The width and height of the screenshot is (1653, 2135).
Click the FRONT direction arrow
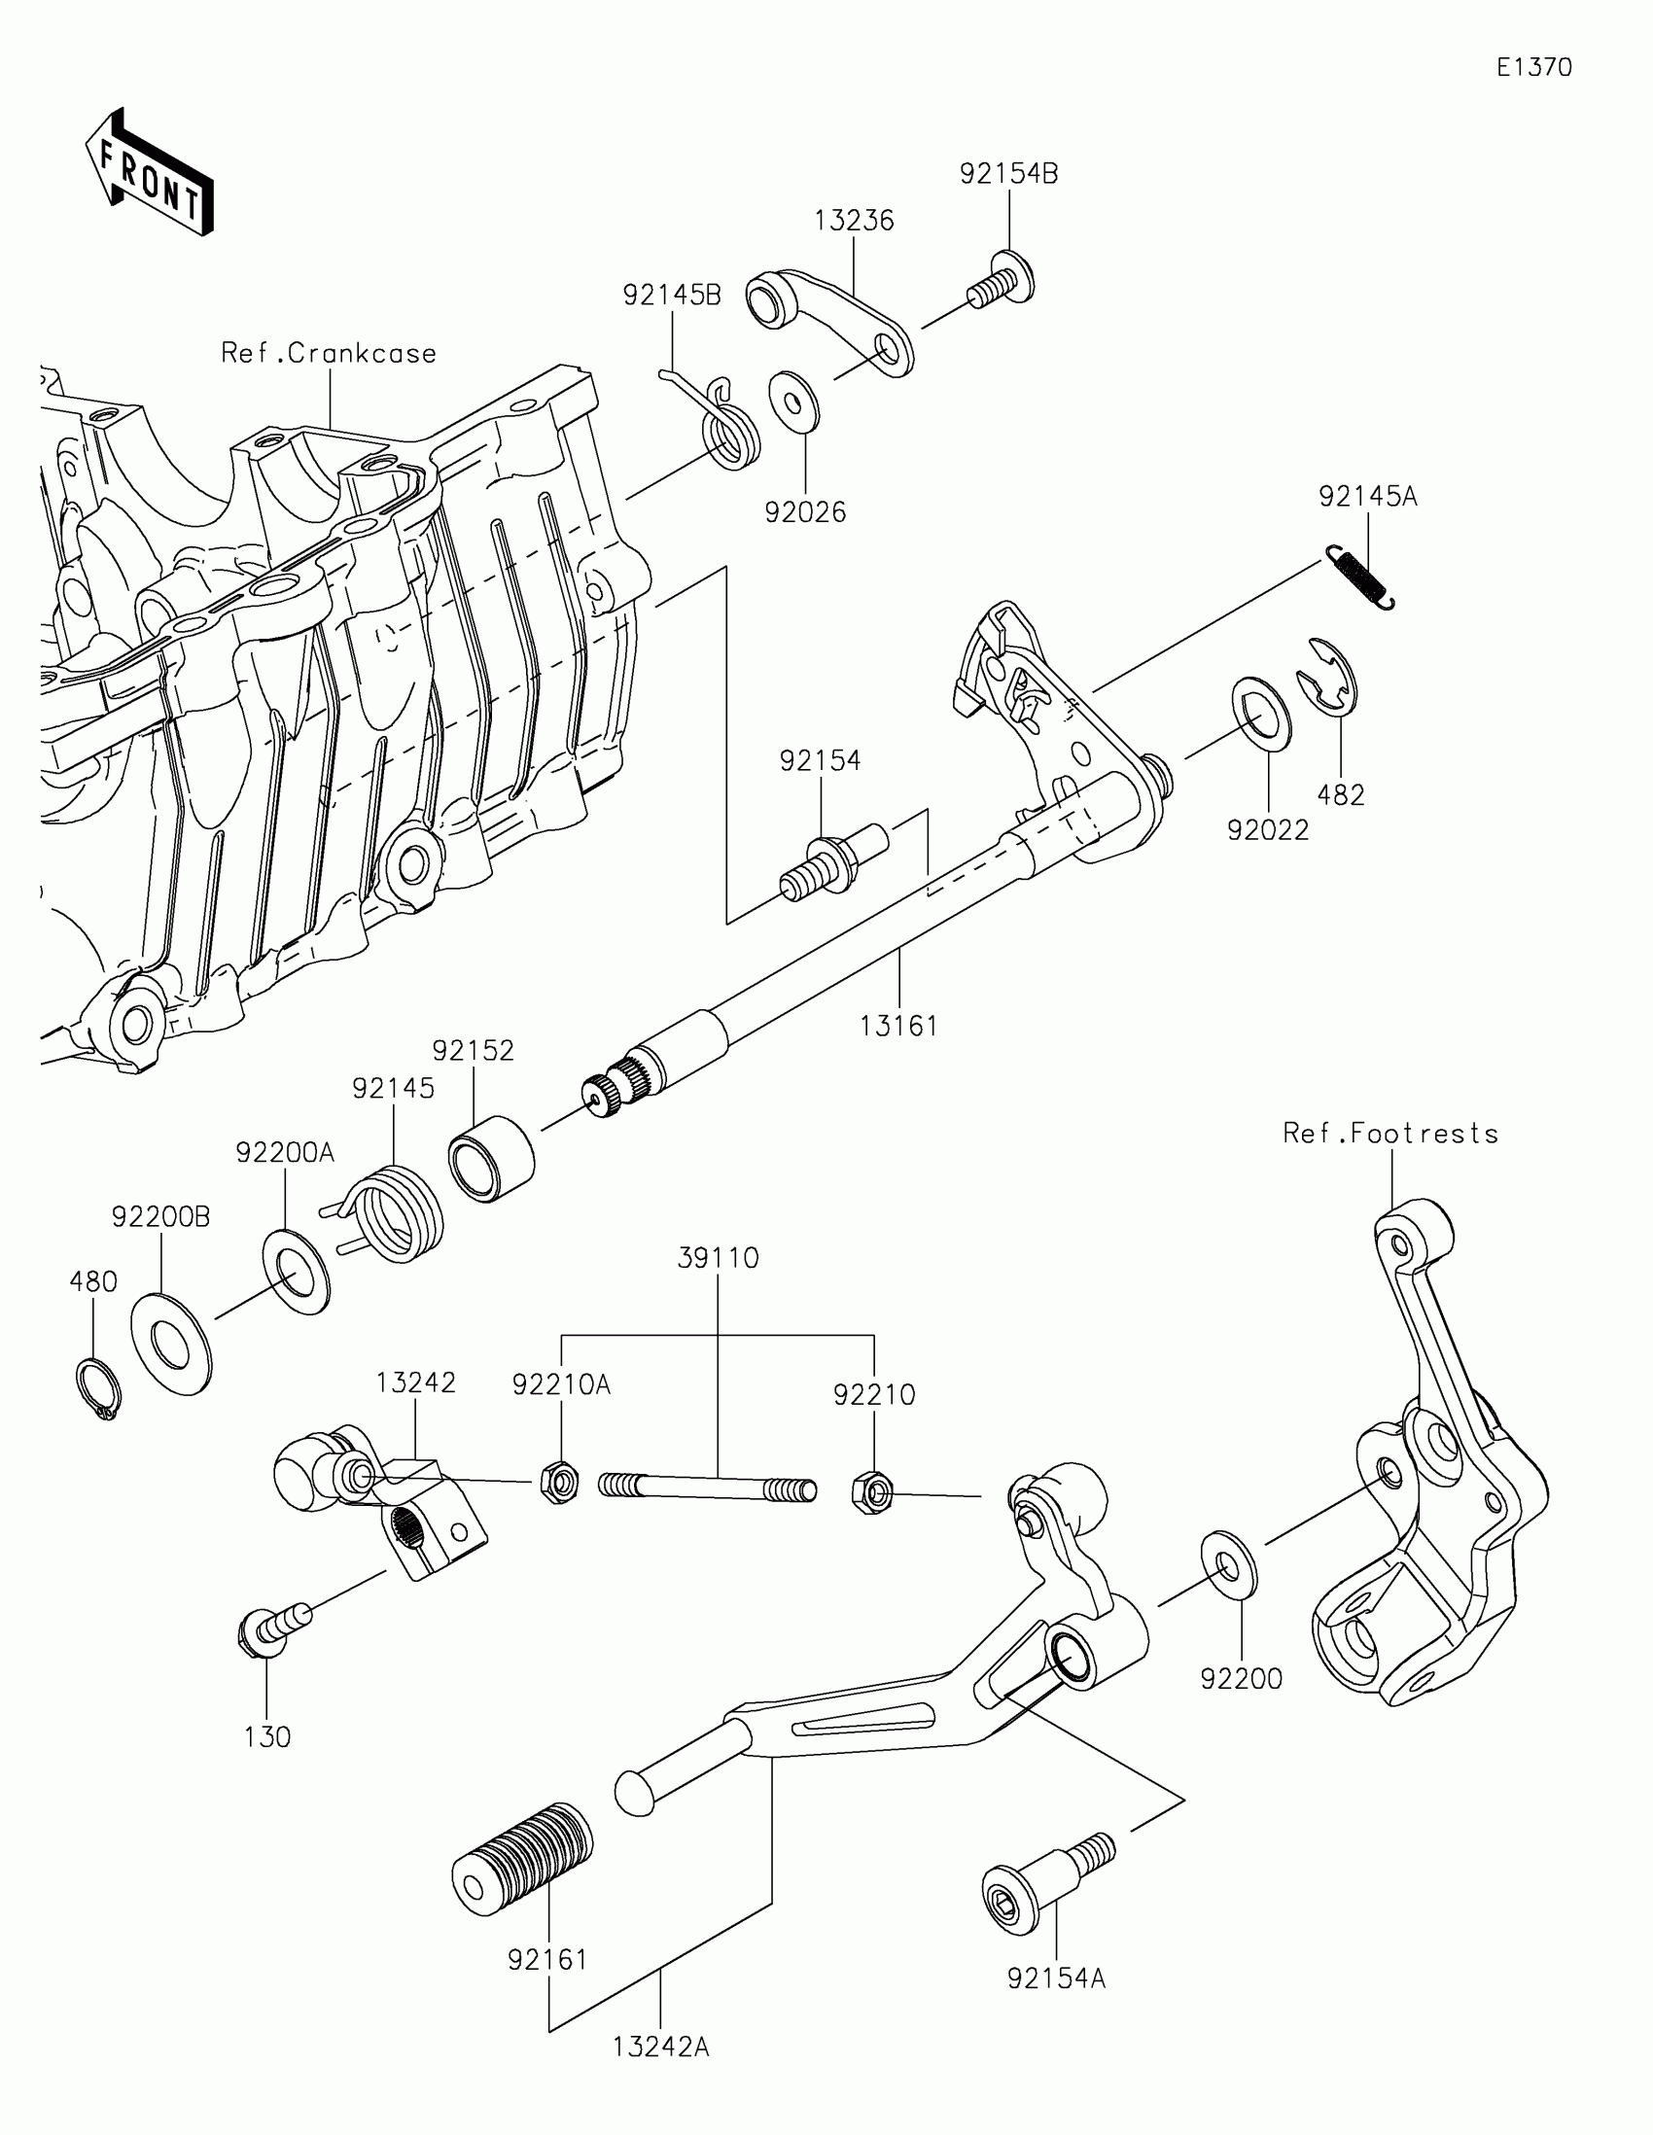pos(149,174)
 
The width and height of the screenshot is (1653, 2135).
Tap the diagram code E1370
pos(1533,67)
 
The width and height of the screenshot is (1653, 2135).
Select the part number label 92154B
pos(1008,173)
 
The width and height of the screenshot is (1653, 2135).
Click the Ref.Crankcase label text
pos(329,353)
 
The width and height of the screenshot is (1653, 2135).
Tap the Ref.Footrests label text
pos(1390,1134)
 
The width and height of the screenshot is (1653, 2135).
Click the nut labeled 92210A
pos(559,1484)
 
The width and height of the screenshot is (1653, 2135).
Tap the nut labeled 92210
pos(873,1491)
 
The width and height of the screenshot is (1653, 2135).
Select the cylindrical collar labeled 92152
pos(491,1159)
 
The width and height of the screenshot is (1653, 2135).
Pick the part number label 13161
pos(898,1026)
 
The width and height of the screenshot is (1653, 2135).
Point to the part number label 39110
pos(719,1257)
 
